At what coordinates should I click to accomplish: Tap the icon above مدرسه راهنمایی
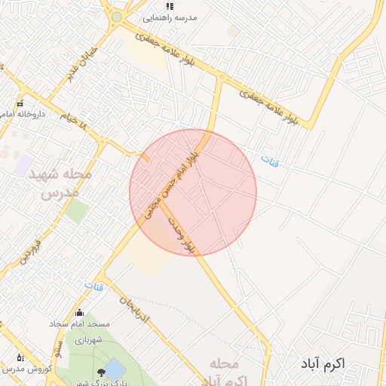tap(170, 5)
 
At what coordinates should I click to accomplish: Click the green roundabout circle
tap(116, 17)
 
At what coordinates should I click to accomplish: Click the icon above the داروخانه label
tap(20, 103)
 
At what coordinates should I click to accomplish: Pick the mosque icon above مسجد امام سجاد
tap(80, 313)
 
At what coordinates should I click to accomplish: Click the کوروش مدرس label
tap(27, 369)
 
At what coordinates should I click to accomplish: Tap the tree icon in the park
tap(102, 372)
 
